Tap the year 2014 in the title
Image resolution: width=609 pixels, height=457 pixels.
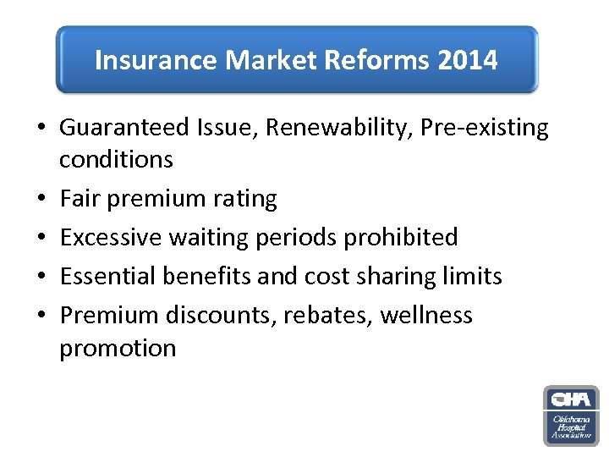tap(468, 60)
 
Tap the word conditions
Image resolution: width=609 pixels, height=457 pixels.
tap(116, 160)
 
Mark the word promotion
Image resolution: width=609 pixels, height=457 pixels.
tap(118, 348)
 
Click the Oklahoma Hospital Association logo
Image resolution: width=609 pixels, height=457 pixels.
tap(571, 416)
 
